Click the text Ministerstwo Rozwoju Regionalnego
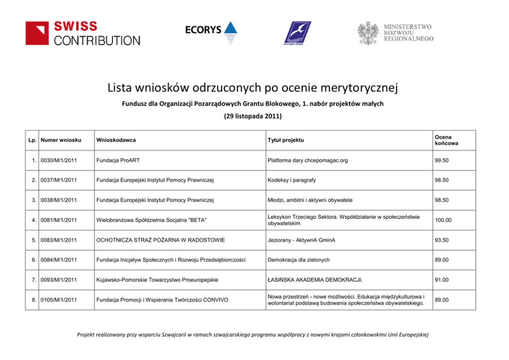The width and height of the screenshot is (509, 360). pos(408,32)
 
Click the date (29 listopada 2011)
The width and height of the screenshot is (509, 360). pos(253,116)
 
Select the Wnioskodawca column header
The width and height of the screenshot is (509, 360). pos(116,140)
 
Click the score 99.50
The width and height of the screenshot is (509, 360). pos(442,161)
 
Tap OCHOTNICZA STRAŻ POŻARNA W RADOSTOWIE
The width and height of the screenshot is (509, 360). pos(160,240)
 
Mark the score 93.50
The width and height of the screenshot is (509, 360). pos(442,240)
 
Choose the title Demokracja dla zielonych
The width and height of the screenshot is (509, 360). pos(299,260)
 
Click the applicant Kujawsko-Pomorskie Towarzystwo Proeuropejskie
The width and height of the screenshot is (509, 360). pos(157,280)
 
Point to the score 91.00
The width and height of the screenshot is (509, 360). pos(442,280)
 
